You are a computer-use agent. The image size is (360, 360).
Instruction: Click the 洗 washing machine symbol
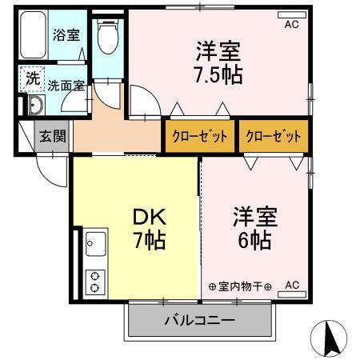32,79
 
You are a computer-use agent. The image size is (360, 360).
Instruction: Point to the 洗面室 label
64,85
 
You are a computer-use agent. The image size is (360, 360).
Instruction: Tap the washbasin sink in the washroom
34,107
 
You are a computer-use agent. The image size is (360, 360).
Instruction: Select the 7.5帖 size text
218,77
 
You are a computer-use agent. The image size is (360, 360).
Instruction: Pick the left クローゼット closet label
199,136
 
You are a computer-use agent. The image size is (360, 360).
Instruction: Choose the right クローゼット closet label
274,136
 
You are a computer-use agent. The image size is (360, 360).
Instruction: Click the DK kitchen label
150,216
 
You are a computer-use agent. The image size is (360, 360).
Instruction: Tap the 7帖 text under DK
150,239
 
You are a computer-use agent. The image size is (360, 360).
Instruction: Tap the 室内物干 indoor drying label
240,286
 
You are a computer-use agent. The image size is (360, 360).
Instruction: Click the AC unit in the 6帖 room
291,285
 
